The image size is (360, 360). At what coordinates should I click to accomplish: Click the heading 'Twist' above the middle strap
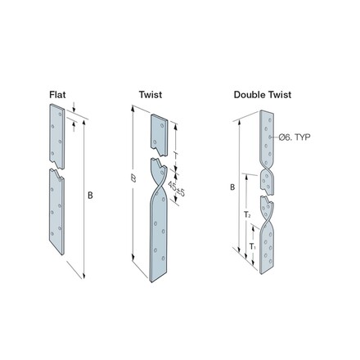click(x=151, y=95)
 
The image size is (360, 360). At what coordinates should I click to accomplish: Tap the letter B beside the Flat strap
click(x=90, y=195)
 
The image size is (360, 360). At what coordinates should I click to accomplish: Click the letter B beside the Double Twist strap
click(x=233, y=187)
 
